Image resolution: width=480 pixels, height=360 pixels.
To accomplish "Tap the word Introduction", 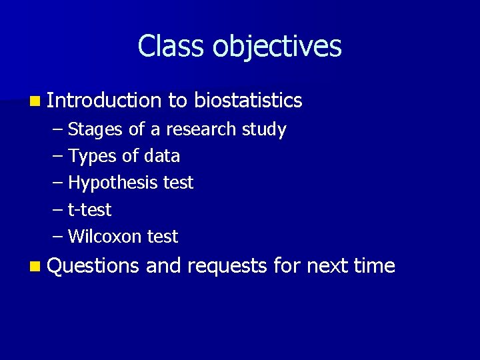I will [105, 101].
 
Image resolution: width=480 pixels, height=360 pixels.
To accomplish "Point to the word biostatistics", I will [249, 101].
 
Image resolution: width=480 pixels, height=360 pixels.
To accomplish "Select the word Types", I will [90, 156].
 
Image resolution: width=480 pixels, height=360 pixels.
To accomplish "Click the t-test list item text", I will [90, 210].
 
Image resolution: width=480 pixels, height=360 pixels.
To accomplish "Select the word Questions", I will [94, 266].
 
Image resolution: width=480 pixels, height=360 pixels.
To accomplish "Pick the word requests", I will [227, 266].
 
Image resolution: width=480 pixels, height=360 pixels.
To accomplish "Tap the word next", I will [327, 266].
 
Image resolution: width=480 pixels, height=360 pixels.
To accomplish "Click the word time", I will [375, 266].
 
